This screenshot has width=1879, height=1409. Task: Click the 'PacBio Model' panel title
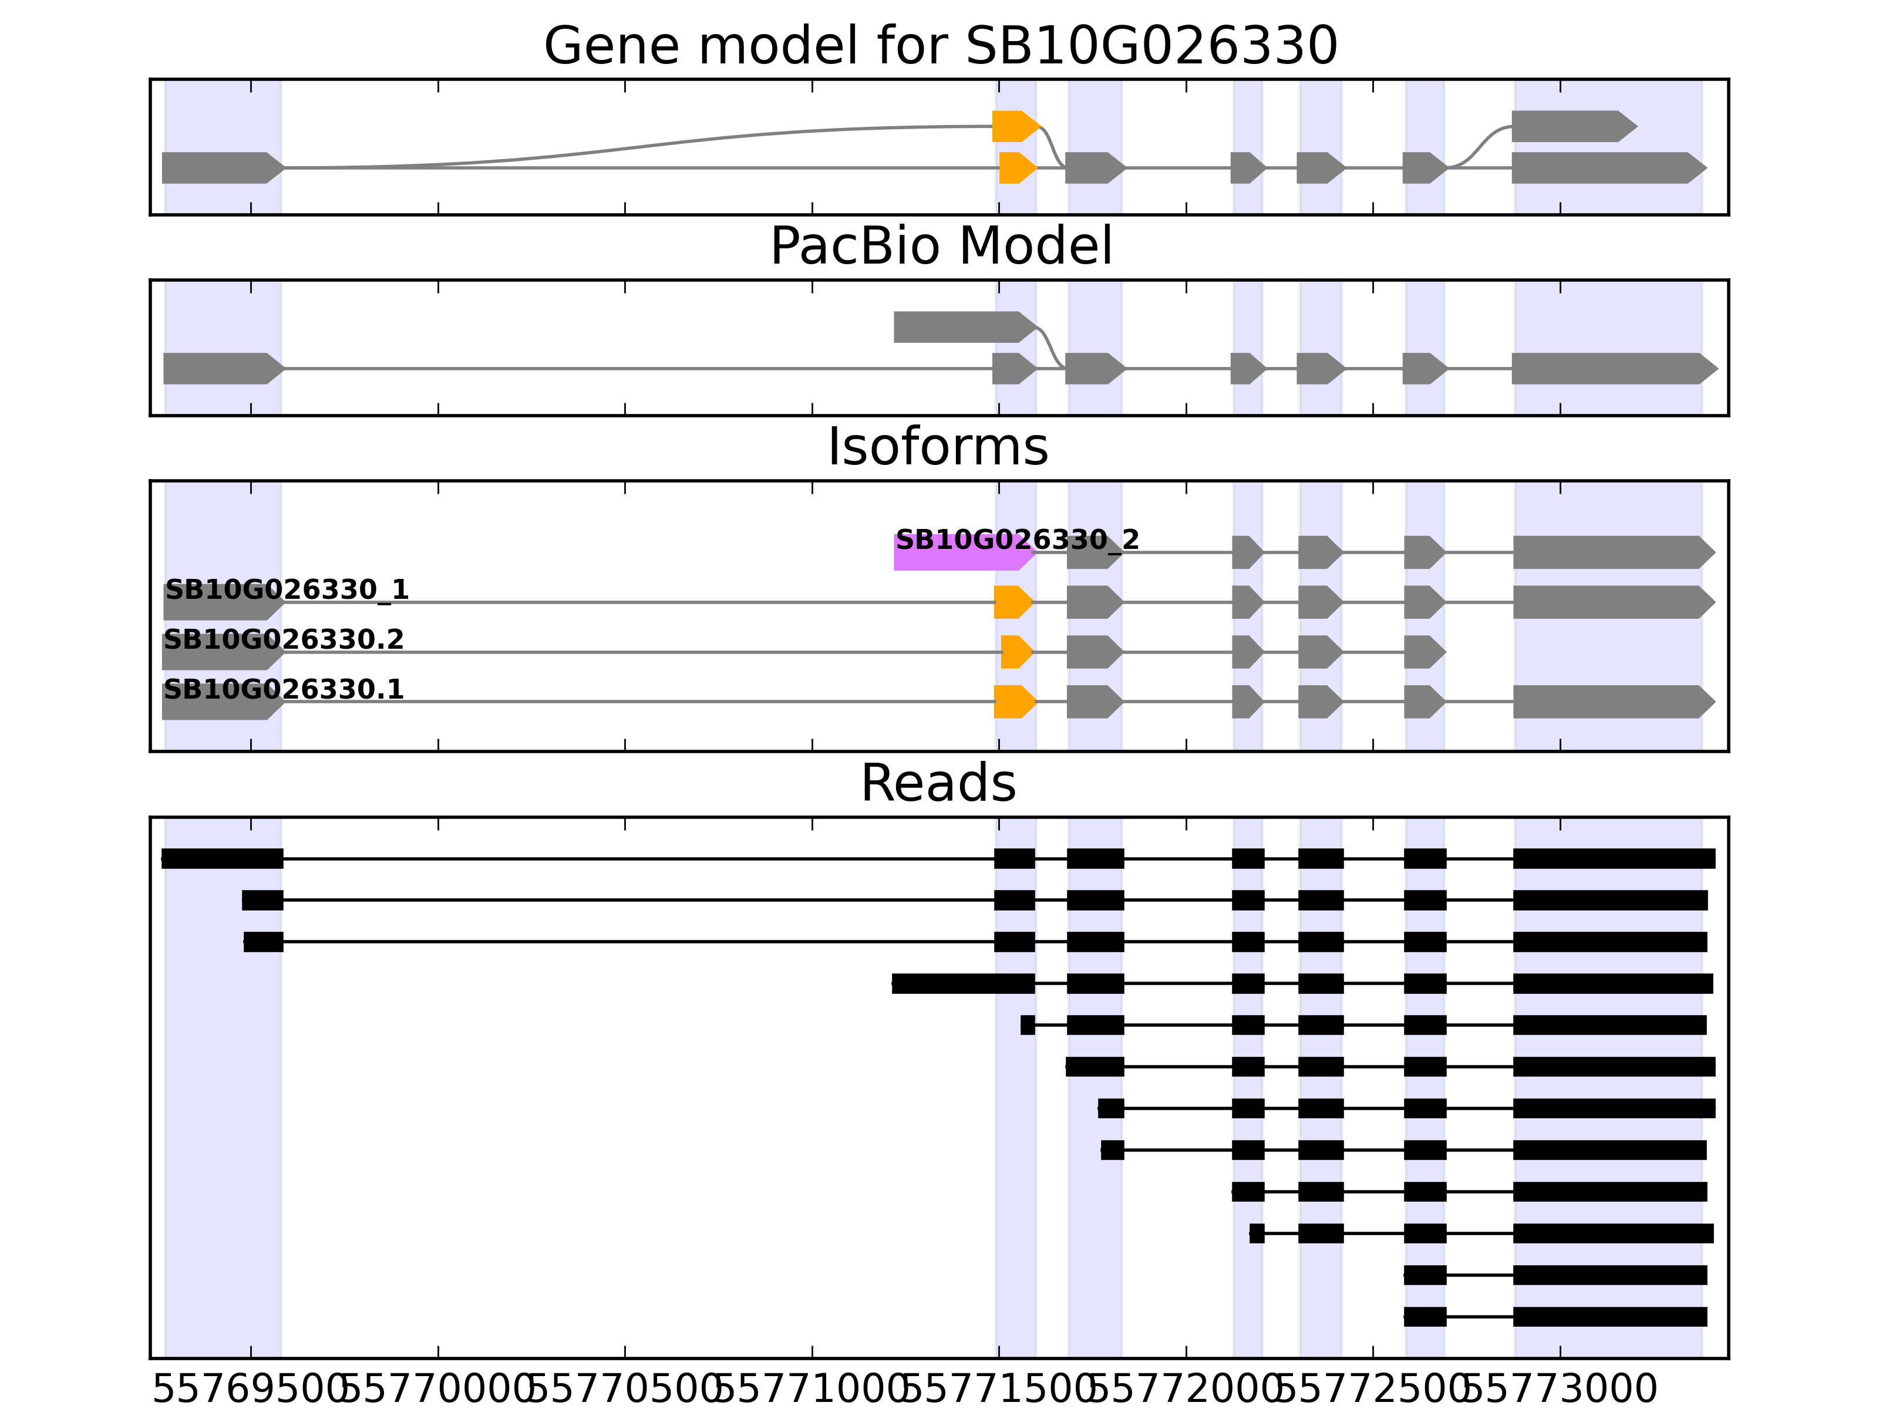tap(939, 247)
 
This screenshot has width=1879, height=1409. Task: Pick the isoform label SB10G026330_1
tap(287, 589)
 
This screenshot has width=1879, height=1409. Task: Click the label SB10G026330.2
tap(283, 639)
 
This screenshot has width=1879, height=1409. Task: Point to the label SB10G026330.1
tap(283, 689)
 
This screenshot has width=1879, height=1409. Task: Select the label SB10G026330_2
tap(1017, 540)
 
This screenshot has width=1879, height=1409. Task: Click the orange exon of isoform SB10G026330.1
tap(1013, 702)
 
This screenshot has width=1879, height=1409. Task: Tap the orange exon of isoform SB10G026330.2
tap(1015, 652)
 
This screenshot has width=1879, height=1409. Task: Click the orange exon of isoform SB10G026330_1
tap(1012, 602)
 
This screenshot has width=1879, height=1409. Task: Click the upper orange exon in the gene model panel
tap(1014, 127)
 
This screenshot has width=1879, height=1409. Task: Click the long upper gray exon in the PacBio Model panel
tap(962, 327)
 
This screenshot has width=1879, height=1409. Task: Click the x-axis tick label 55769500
tap(251, 1390)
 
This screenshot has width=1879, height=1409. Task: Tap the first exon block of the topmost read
tap(222, 859)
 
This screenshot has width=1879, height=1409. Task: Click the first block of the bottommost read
tap(1425, 1316)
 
